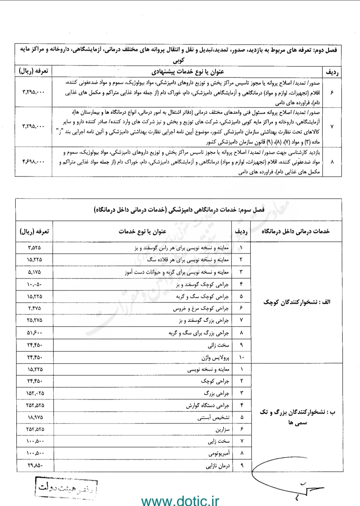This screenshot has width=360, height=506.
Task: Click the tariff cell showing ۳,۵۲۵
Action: click(x=34, y=248)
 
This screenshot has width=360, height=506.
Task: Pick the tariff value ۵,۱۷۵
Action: click(x=34, y=272)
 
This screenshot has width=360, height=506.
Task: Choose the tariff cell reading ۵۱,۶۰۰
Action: click(x=34, y=332)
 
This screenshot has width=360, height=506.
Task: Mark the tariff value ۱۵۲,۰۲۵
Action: click(x=34, y=393)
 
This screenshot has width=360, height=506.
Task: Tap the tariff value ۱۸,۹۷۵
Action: click(x=34, y=417)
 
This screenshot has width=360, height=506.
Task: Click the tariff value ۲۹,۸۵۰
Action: click(x=34, y=465)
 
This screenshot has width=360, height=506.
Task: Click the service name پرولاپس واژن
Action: click(x=215, y=357)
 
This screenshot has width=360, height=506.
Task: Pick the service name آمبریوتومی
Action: click(x=219, y=453)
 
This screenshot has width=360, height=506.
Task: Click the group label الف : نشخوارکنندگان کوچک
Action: click(x=297, y=302)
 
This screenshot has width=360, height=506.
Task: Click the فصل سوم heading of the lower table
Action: click(x=179, y=209)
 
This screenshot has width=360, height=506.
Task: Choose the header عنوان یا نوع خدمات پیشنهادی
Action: click(x=188, y=71)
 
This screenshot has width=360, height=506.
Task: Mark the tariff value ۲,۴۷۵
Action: click(x=34, y=308)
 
